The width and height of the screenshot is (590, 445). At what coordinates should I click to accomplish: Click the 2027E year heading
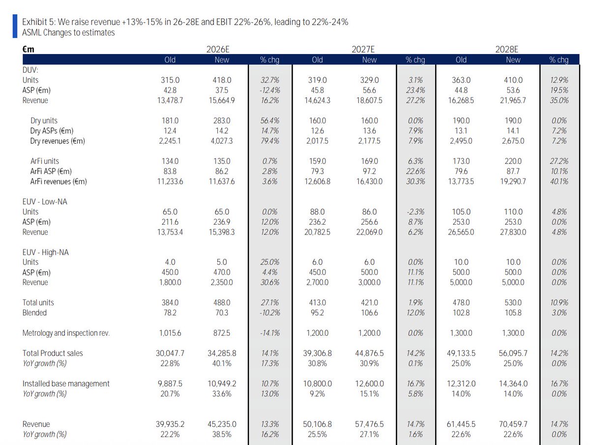[363, 50]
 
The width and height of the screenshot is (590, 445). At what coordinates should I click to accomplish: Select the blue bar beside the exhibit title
[15, 26]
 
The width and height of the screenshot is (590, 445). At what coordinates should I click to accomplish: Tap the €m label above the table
[28, 50]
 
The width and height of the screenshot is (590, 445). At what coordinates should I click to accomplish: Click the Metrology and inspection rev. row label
[66, 333]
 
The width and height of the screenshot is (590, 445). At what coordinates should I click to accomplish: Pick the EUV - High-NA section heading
[45, 252]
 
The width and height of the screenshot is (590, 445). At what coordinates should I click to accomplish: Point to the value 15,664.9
[222, 100]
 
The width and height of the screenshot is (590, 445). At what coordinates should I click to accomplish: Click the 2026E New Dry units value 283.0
[222, 120]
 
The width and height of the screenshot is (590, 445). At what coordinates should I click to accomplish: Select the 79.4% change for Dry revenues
[270, 141]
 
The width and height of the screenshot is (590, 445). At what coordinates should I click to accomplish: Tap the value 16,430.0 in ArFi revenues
[369, 181]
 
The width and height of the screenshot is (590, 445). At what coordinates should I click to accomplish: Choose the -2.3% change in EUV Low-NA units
[415, 212]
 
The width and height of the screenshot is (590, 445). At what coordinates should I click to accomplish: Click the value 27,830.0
[513, 232]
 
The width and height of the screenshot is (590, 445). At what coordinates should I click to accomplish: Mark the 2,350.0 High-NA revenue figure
[222, 282]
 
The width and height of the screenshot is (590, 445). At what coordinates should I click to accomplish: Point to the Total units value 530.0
[513, 302]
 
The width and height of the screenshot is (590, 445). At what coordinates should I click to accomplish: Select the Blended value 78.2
[170, 313]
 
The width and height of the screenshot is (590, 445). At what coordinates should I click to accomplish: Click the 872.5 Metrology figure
[222, 333]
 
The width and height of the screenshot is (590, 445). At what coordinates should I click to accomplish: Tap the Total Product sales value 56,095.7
[513, 353]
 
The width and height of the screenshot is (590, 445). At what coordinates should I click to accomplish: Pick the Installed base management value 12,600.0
[369, 384]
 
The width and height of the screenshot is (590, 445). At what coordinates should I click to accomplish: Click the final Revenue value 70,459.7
[513, 424]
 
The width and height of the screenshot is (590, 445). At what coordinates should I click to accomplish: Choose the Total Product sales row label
[53, 353]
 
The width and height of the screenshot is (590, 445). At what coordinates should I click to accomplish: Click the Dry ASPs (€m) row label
[52, 131]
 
